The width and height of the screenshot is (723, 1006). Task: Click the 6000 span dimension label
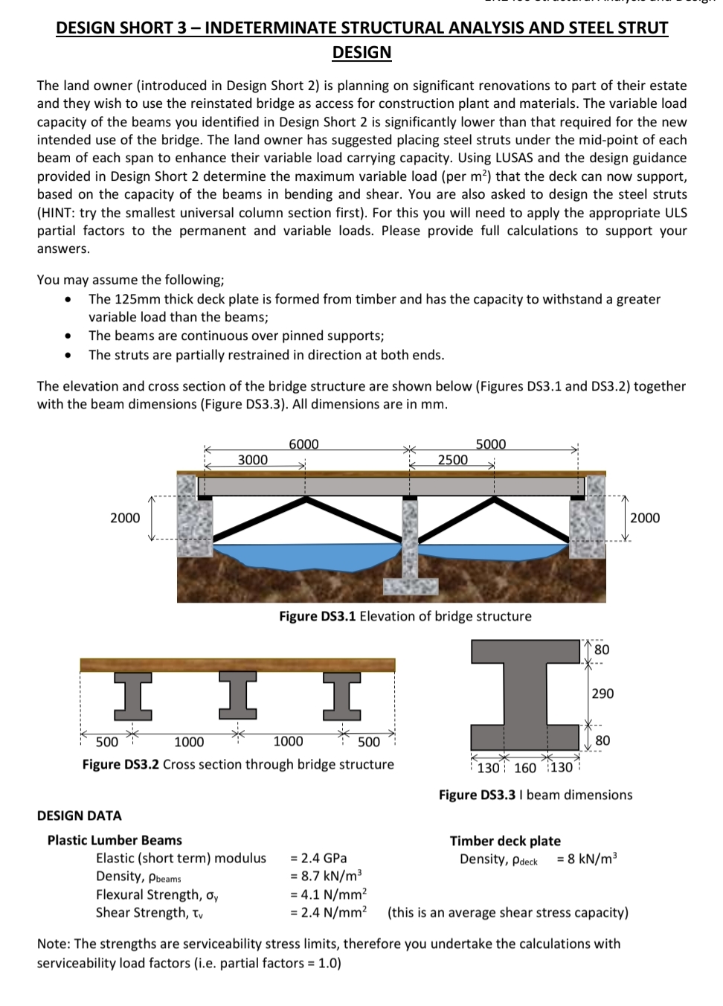point(303,444)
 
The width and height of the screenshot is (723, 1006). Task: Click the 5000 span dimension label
point(490,444)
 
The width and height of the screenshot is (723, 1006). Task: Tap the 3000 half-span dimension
point(252,460)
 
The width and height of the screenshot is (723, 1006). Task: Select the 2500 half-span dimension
point(452,460)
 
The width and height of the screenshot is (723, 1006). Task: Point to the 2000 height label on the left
point(124,518)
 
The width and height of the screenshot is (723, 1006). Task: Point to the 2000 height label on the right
point(644,518)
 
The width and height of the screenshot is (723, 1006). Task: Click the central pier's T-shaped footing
point(411,584)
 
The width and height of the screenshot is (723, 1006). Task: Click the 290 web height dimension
point(602,693)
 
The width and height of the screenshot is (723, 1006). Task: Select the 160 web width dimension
point(524,768)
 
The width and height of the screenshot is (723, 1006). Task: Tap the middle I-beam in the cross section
point(237,696)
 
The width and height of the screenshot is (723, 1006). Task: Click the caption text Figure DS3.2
point(120,764)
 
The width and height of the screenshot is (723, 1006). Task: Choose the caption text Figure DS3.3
point(477,795)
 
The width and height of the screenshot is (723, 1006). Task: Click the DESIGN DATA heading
point(79,816)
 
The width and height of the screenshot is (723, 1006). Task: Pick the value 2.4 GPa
point(318,858)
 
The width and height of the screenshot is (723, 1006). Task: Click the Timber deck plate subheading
point(505,841)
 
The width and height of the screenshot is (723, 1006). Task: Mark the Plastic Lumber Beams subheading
point(115,840)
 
